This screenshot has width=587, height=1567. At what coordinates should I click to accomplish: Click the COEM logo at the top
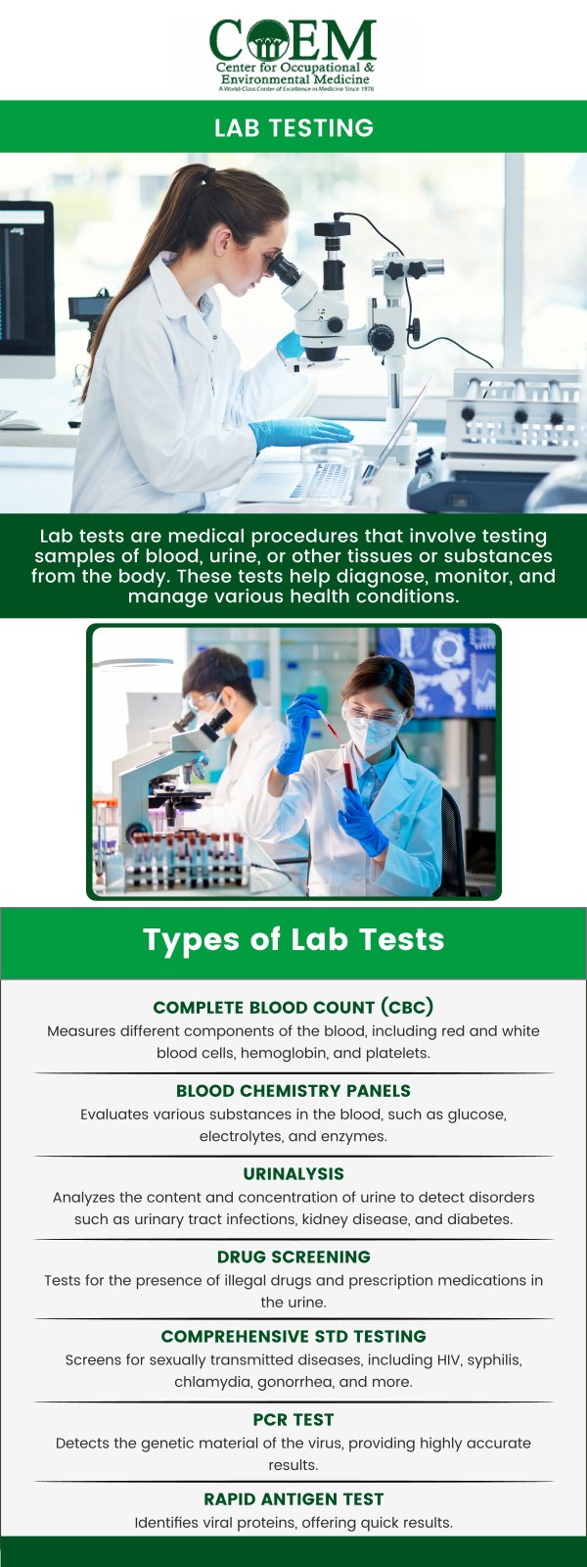coord(293,54)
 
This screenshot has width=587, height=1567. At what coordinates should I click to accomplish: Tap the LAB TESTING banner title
coord(293,128)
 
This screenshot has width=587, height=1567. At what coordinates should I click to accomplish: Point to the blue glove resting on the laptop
coord(298,432)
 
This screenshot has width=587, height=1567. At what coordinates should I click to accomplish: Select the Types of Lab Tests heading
coord(293,940)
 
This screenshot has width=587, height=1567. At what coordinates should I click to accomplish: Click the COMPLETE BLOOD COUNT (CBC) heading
coord(293,1007)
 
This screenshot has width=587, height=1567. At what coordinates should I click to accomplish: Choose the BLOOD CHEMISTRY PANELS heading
coord(293,1090)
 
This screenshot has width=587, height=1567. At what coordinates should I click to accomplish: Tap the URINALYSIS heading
coord(293,1173)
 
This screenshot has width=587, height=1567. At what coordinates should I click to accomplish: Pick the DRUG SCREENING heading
coord(293,1257)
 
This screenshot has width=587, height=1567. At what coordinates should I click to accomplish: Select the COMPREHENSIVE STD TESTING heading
coord(293,1336)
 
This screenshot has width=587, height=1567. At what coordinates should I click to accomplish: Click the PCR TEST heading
coord(293,1419)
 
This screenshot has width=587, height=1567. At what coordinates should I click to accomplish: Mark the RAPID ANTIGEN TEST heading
coord(293,1498)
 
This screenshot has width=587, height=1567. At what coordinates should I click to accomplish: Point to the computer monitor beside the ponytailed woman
coord(24,284)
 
